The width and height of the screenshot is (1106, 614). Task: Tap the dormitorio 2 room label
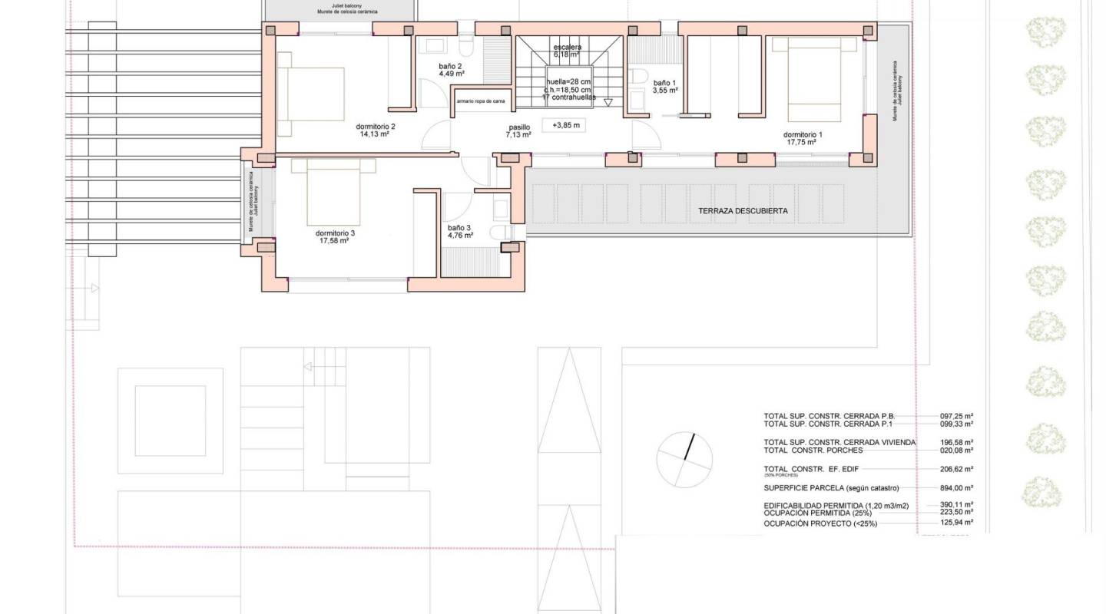point(375,126)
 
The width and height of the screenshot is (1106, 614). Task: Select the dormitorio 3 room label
point(335,233)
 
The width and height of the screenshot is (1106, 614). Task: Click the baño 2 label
point(451,66)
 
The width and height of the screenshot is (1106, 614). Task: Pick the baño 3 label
point(459,227)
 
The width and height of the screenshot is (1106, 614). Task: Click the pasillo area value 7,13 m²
point(518,134)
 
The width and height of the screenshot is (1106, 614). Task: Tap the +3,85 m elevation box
point(565,124)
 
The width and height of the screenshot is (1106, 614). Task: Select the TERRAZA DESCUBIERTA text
point(743,210)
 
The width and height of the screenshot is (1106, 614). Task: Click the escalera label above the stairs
point(567,47)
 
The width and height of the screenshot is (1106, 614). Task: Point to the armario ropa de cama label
point(481,101)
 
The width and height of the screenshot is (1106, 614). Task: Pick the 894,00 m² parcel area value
point(957,487)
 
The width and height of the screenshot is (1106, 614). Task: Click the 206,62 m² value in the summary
point(957,469)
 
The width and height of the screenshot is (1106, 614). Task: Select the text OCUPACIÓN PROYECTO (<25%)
point(820,523)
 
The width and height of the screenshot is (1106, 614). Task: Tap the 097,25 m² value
point(957,416)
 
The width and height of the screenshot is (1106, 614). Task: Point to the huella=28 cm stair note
point(568,81)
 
